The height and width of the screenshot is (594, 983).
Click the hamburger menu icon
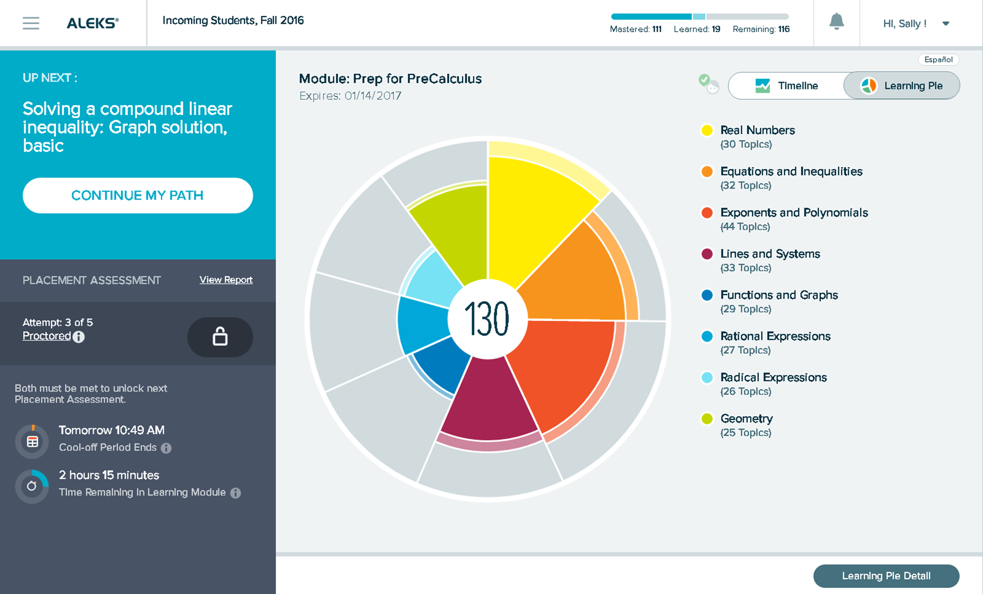31,23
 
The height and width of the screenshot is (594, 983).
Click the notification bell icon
836,22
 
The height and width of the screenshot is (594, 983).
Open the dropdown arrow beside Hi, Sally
945,24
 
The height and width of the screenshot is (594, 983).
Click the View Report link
226,280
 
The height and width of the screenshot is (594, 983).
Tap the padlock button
220,337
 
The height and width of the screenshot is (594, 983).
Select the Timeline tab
787,86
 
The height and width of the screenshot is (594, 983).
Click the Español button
938,60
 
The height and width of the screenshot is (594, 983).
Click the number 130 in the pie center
487,319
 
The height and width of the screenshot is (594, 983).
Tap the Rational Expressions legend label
775,336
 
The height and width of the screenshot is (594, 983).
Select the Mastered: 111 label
635,29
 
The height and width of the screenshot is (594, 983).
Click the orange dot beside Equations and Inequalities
707,172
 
